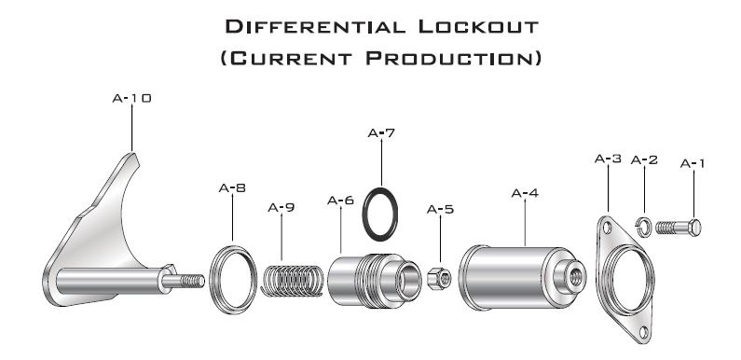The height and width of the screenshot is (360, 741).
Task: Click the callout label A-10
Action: click(131, 99)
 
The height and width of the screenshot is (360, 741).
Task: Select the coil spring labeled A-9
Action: click(292, 281)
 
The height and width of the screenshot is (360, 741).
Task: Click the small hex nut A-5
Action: click(439, 278)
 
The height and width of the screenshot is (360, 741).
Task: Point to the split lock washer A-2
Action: click(643, 227)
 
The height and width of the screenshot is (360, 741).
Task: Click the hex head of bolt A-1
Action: click(694, 228)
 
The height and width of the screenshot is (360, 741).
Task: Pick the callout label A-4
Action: click(525, 193)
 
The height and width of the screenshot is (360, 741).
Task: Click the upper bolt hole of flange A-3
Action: click(608, 228)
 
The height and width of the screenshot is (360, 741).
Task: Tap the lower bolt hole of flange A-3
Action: click(643, 332)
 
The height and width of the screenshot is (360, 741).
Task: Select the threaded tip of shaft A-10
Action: click(193, 281)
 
